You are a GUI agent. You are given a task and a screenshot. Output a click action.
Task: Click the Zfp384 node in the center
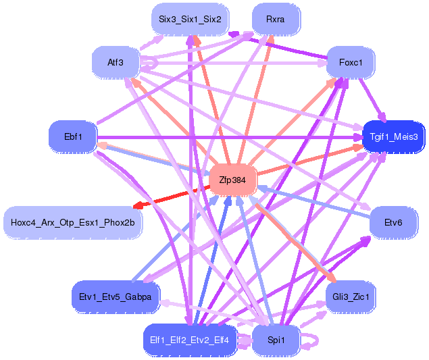click(x=233, y=180)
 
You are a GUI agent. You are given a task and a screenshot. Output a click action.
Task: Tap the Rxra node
click(x=275, y=19)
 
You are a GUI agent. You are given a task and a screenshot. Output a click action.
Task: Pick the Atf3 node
click(x=116, y=63)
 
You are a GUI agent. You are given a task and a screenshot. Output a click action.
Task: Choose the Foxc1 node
click(x=351, y=63)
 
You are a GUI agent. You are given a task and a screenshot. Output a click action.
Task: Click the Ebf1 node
click(x=73, y=137)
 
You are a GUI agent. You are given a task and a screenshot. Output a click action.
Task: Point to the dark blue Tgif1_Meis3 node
click(x=394, y=136)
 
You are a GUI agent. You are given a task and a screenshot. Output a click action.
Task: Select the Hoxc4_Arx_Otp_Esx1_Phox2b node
click(x=73, y=222)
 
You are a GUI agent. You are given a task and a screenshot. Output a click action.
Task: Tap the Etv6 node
click(x=393, y=222)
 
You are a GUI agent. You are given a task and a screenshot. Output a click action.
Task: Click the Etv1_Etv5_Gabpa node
click(x=116, y=296)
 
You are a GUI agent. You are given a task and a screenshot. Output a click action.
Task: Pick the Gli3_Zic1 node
click(x=351, y=296)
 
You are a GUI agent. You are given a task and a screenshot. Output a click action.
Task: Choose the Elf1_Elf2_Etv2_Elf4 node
click(x=190, y=340)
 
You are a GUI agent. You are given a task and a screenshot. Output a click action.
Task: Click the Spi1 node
click(x=275, y=340)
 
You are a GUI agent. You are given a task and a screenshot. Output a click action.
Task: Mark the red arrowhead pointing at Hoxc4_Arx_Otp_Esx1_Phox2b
click(x=138, y=205)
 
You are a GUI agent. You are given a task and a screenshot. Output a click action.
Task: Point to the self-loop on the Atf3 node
click(x=154, y=62)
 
